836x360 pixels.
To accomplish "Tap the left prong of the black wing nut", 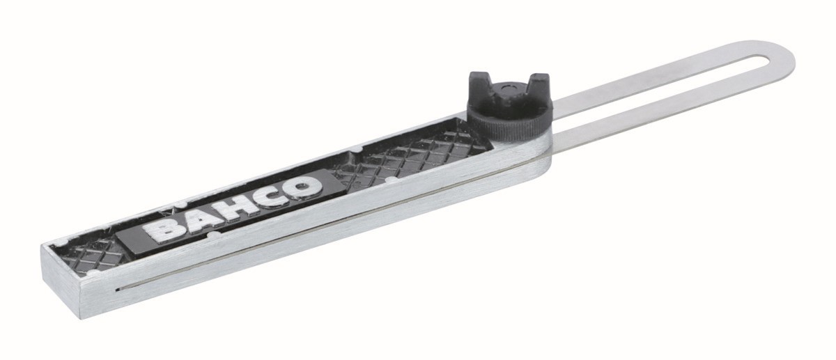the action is (481, 86).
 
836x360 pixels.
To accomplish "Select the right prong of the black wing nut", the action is (537, 86).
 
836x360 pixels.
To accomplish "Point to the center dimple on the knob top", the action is (507, 88).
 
